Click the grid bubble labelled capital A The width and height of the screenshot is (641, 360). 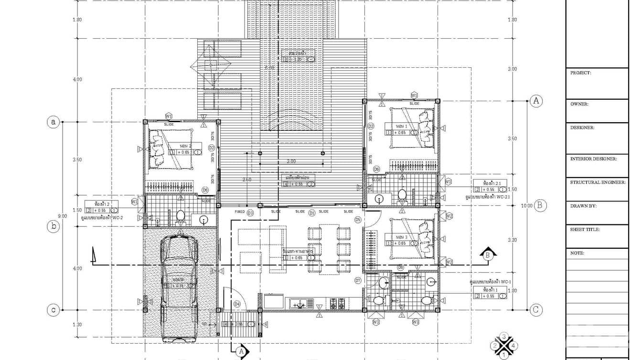(x=536, y=101)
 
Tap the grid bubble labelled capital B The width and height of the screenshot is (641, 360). (x=540, y=205)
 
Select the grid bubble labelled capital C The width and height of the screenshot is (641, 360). (x=536, y=310)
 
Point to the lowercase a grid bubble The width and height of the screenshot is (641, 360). (x=53, y=122)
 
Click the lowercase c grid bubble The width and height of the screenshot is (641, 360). (x=53, y=310)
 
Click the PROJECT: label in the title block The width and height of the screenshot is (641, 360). (x=581, y=73)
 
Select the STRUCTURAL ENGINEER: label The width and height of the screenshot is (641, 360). (x=598, y=182)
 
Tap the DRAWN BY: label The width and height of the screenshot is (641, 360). (x=583, y=206)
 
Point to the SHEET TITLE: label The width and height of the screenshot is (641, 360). (x=585, y=230)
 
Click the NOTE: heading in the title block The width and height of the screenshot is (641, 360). (x=577, y=254)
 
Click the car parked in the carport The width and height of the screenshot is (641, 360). (x=180, y=286)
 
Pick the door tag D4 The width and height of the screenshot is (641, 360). (x=237, y=304)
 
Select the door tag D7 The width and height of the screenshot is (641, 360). (x=358, y=280)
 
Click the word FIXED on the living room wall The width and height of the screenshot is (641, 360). (x=239, y=212)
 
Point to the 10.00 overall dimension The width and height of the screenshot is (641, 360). (x=526, y=206)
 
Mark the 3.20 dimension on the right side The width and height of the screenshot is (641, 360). (x=512, y=240)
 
